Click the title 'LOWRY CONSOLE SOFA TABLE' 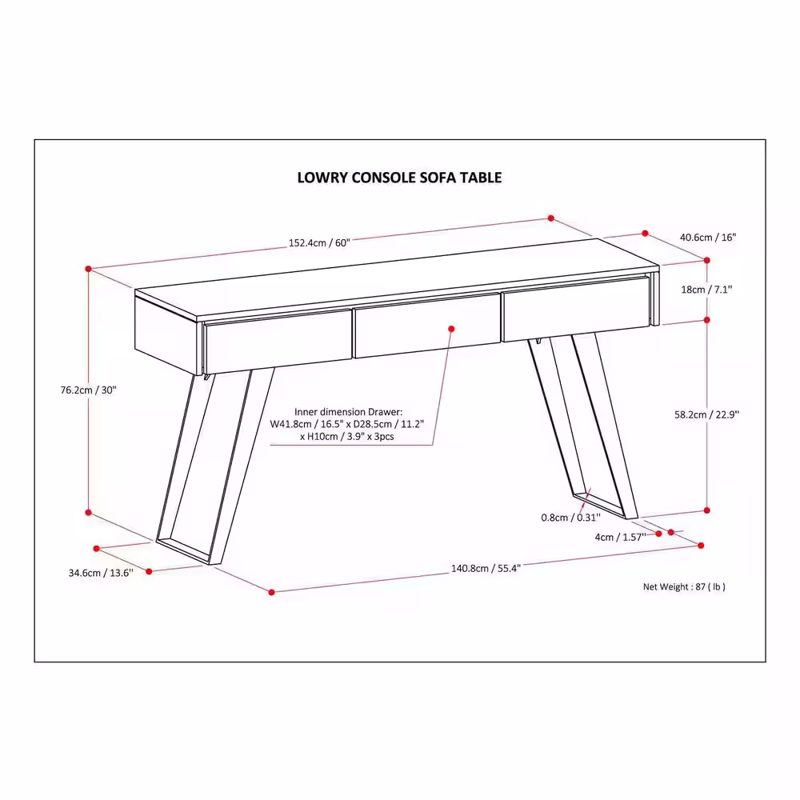tap(399, 178)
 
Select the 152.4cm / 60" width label tap(319, 243)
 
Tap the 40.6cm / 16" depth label tap(708, 238)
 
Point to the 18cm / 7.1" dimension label tap(706, 290)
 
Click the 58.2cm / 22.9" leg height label tap(706, 414)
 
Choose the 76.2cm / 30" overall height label tap(88, 390)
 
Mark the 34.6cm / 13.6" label tap(101, 573)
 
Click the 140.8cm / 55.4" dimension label tap(486, 568)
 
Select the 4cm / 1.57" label tap(621, 537)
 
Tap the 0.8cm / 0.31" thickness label tap(571, 518)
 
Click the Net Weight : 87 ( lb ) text tap(684, 586)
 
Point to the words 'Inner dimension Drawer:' tap(349, 412)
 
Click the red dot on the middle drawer tap(451, 329)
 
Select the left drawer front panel tap(278, 342)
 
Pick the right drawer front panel tap(575, 309)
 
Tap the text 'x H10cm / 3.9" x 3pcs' tap(347, 437)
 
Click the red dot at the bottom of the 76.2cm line tap(88, 512)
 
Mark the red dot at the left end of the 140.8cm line tap(271, 592)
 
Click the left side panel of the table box tap(166, 334)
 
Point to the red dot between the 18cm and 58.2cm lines tap(706, 320)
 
